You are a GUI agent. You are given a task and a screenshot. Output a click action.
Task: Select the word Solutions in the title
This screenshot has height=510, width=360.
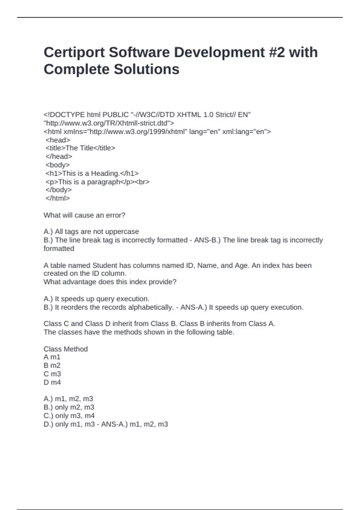[x=146, y=69]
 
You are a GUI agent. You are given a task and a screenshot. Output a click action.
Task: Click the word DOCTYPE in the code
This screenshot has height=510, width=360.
[x=68, y=115]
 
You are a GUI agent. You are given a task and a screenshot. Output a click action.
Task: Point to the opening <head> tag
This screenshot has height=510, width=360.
[x=58, y=140]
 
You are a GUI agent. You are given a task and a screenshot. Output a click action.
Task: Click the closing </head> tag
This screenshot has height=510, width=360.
[x=59, y=156]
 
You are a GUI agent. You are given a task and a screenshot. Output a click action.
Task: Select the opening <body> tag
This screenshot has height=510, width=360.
[x=58, y=165]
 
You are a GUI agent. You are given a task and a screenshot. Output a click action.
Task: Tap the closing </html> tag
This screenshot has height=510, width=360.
[x=58, y=198]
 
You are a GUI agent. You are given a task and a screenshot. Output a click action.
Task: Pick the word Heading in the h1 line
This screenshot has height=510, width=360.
[x=105, y=173]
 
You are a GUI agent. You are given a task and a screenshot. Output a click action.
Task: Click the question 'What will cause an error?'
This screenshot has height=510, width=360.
[x=84, y=215]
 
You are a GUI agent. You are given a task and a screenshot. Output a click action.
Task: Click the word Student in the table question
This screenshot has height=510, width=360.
[x=105, y=265]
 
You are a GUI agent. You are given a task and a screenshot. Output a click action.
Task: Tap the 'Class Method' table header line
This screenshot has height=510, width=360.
[x=66, y=349]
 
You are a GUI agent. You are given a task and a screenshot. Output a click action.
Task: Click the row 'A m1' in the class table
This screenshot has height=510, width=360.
[x=52, y=357]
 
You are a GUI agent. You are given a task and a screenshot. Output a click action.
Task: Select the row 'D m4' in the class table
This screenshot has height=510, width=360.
[x=52, y=382]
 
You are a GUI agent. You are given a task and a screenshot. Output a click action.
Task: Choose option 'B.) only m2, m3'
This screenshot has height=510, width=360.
[x=69, y=407]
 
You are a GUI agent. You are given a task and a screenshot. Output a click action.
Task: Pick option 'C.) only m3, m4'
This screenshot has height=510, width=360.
[x=69, y=415]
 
